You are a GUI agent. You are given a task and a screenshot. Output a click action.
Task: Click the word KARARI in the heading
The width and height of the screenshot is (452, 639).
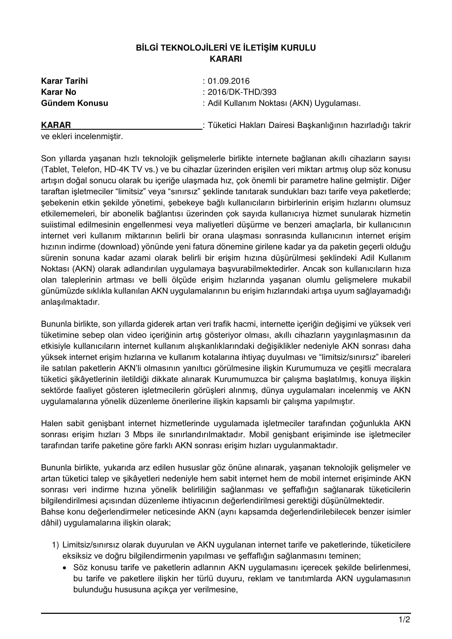[226, 59]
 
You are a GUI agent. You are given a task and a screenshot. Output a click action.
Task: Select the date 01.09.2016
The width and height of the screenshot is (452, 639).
[228, 81]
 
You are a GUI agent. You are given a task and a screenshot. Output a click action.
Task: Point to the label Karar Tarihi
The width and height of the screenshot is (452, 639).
[64, 81]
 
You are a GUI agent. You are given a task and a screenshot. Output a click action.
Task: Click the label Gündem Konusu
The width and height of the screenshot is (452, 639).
[75, 103]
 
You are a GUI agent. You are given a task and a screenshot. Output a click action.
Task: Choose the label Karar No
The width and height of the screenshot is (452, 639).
[58, 92]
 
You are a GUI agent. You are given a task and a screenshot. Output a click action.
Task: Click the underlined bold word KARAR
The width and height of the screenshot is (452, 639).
[56, 125]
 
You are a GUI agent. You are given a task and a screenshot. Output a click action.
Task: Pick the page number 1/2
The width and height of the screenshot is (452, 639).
[405, 620]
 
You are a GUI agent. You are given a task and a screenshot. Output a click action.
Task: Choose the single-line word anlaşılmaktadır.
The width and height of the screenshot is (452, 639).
[70, 302]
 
